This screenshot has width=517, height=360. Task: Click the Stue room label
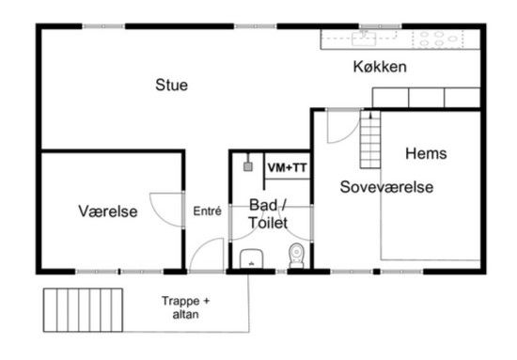[171, 85]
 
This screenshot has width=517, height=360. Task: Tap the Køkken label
[380, 67]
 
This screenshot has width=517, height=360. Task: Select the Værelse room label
[108, 211]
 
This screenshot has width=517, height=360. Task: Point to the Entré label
[207, 211]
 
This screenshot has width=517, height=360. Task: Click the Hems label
[426, 153]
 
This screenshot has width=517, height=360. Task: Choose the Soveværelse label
[386, 187]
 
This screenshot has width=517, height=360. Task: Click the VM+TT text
[287, 168]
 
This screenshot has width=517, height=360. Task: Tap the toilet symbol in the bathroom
[296, 256]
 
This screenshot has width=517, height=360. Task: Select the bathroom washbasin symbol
[251, 258]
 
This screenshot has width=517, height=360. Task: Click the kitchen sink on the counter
[364, 39]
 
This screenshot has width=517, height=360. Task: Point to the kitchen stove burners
[438, 39]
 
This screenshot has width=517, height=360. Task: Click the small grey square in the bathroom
[248, 166]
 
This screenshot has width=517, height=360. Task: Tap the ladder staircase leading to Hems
[370, 139]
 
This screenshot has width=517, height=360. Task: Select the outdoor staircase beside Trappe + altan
[83, 310]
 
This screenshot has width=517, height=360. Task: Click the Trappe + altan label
[185, 307]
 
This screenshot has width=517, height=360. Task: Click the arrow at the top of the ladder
[370, 115]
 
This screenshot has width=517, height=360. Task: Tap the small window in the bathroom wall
[281, 272]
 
